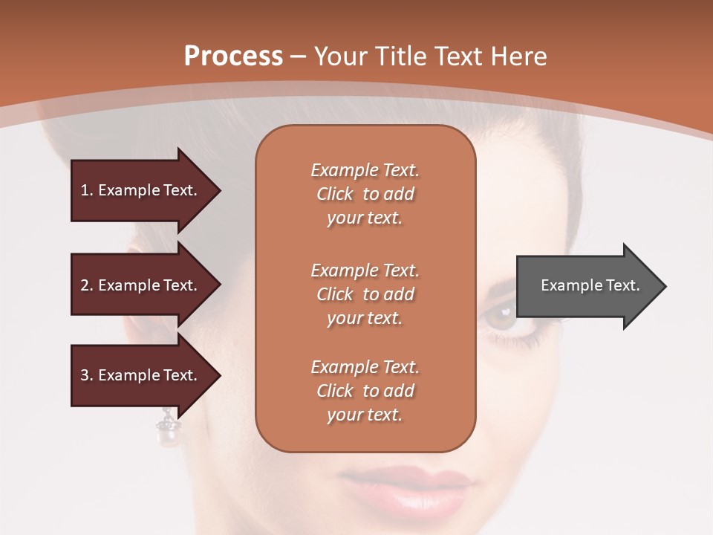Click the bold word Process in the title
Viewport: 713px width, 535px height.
click(233, 56)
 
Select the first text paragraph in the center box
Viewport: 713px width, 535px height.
click(365, 194)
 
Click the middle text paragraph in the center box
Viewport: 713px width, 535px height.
click(365, 294)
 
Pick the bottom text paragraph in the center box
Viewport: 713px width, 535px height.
click(365, 391)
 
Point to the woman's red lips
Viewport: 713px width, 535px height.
click(405, 490)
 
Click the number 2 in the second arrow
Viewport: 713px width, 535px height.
click(85, 285)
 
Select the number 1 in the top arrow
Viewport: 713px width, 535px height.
click(85, 190)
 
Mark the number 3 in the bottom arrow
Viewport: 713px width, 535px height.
click(85, 375)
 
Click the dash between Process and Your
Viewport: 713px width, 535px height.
click(299, 57)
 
